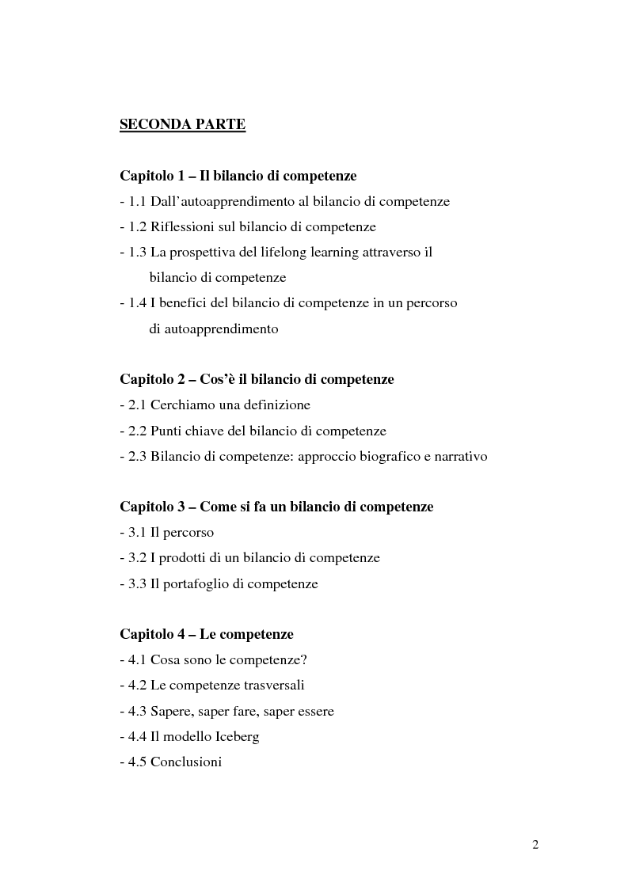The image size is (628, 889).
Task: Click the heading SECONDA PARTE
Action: (182, 124)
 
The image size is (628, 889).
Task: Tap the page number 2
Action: (535, 845)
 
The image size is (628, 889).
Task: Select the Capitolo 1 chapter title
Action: (238, 176)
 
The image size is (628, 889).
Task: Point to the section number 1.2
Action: (137, 226)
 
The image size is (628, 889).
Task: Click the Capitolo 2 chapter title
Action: (257, 379)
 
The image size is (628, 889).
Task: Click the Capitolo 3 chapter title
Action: (276, 507)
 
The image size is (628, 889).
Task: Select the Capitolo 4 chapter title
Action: (207, 634)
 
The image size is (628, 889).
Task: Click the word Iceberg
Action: (234, 736)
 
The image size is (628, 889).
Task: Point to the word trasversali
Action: (268, 685)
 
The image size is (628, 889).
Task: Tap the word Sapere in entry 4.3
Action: (172, 711)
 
